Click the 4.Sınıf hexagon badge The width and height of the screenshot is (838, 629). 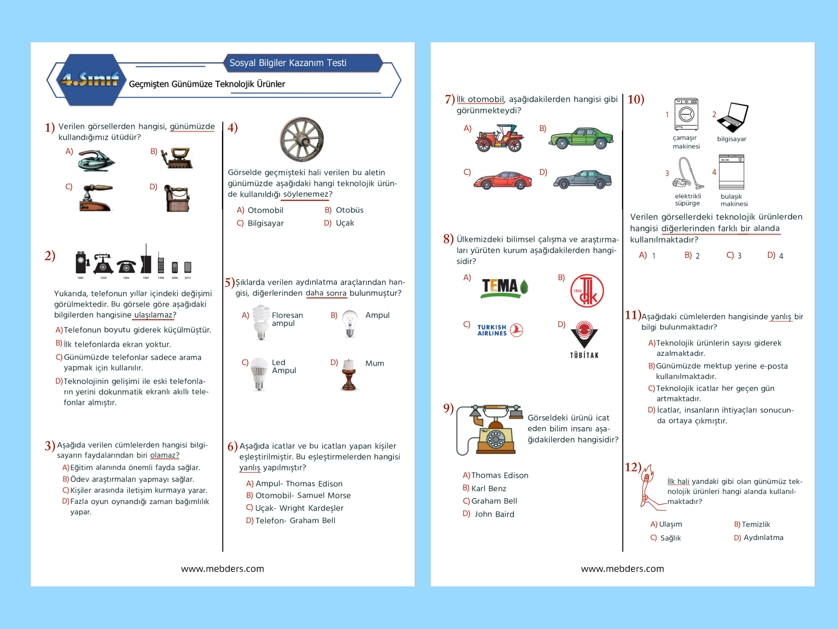(90, 80)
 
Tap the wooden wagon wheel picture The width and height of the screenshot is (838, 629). (302, 139)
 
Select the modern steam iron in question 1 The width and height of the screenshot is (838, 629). (96, 161)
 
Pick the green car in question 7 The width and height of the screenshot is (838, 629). (581, 138)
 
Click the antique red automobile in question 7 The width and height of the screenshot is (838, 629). (500, 139)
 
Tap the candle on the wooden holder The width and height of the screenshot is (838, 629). (349, 375)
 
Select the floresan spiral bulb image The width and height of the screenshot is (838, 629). (261, 322)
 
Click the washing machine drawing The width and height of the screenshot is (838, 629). (686, 115)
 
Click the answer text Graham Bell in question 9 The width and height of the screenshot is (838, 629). (494, 501)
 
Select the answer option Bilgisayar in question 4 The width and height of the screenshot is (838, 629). (265, 223)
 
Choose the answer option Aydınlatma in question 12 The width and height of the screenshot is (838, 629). (763, 538)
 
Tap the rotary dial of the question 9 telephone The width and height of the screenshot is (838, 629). (495, 439)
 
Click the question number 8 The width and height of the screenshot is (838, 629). (448, 239)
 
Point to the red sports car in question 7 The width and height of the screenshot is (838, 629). (503, 180)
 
